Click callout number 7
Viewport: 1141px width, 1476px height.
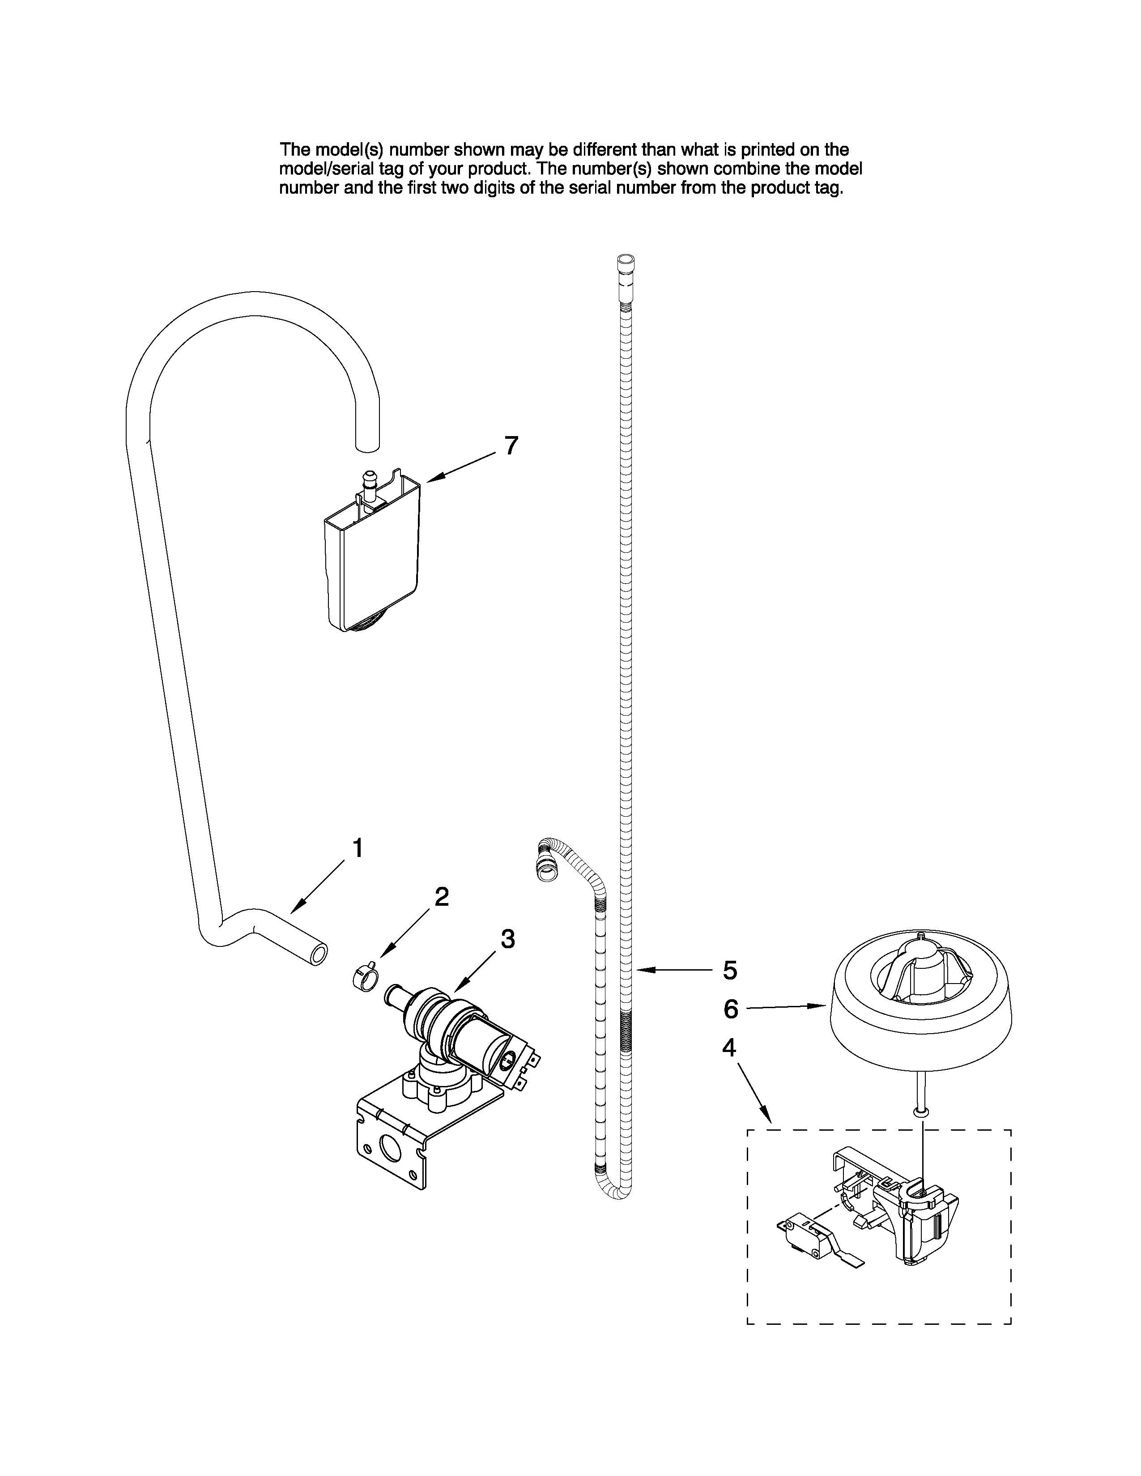pyautogui.click(x=512, y=445)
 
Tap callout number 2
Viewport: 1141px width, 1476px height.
pyautogui.click(x=441, y=897)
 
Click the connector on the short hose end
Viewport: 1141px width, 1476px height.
pyautogui.click(x=545, y=871)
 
